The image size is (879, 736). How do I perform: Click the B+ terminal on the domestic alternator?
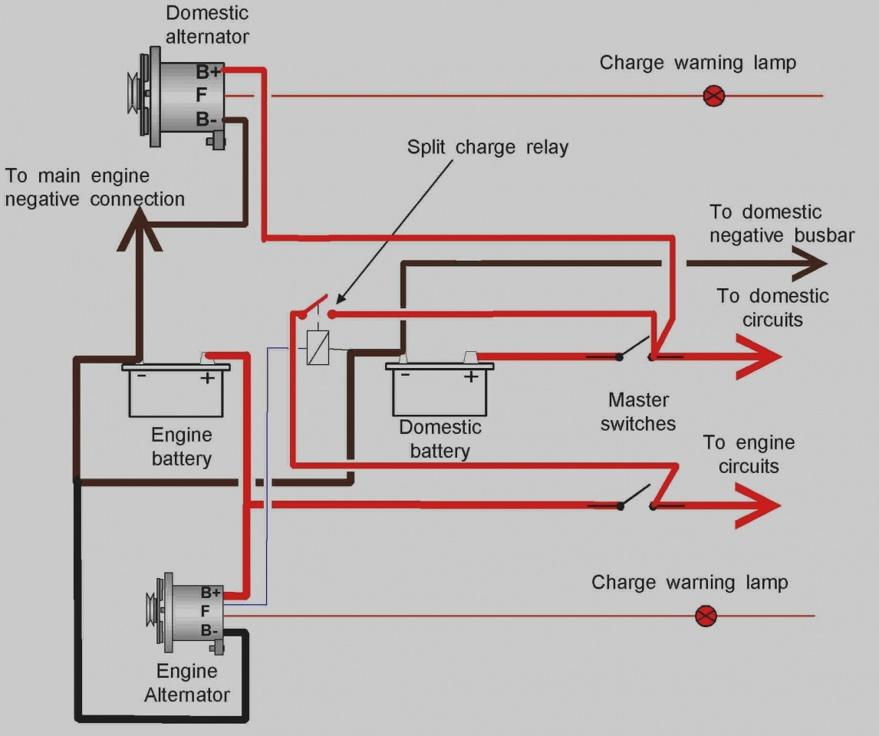click(x=208, y=72)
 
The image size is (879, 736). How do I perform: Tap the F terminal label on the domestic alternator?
click(x=201, y=95)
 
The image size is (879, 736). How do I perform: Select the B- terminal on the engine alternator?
click(x=209, y=631)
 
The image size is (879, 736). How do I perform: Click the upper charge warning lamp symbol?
click(x=713, y=96)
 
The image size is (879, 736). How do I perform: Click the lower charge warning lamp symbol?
click(x=706, y=616)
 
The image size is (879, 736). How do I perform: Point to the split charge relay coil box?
click(x=318, y=348)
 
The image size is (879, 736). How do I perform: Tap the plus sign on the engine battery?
click(x=207, y=378)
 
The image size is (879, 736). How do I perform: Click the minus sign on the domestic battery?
click(x=405, y=374)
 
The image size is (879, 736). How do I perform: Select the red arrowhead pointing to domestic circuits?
click(x=759, y=356)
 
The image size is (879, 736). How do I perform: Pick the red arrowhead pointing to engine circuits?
click(x=758, y=506)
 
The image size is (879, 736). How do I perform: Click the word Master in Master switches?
click(x=638, y=400)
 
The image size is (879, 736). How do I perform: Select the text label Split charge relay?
click(x=488, y=147)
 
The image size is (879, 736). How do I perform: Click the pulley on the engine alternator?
click(x=151, y=613)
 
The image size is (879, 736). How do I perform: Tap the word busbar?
click(x=824, y=235)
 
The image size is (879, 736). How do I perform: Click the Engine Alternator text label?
click(x=187, y=683)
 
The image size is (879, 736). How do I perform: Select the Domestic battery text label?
click(x=440, y=439)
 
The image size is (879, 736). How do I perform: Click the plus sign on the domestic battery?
click(x=471, y=376)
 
